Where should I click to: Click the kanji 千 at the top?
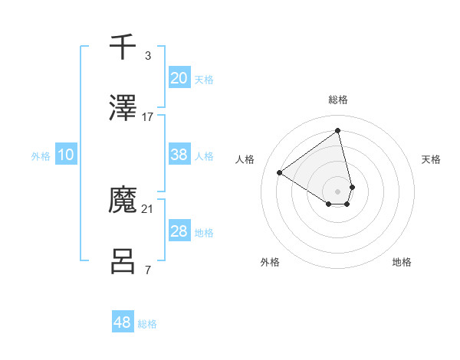click(x=123, y=47)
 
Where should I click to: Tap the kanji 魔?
click(x=123, y=200)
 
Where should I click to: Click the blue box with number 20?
click(x=179, y=77)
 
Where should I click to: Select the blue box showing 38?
click(x=179, y=155)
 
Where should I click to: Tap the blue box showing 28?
click(x=179, y=231)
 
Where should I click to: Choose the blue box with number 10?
click(x=66, y=155)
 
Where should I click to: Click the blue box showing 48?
click(x=123, y=322)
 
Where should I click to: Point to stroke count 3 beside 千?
click(x=147, y=55)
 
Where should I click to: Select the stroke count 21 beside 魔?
click(x=148, y=208)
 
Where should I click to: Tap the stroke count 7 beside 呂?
click(x=147, y=270)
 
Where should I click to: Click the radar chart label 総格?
click(x=337, y=100)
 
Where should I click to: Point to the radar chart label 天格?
click(x=431, y=159)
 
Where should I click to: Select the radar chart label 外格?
click(x=270, y=262)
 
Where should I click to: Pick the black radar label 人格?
click(x=245, y=159)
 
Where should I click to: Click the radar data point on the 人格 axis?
click(x=280, y=172)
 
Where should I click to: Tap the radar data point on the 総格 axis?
click(x=337, y=130)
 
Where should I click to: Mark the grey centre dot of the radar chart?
click(x=337, y=191)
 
